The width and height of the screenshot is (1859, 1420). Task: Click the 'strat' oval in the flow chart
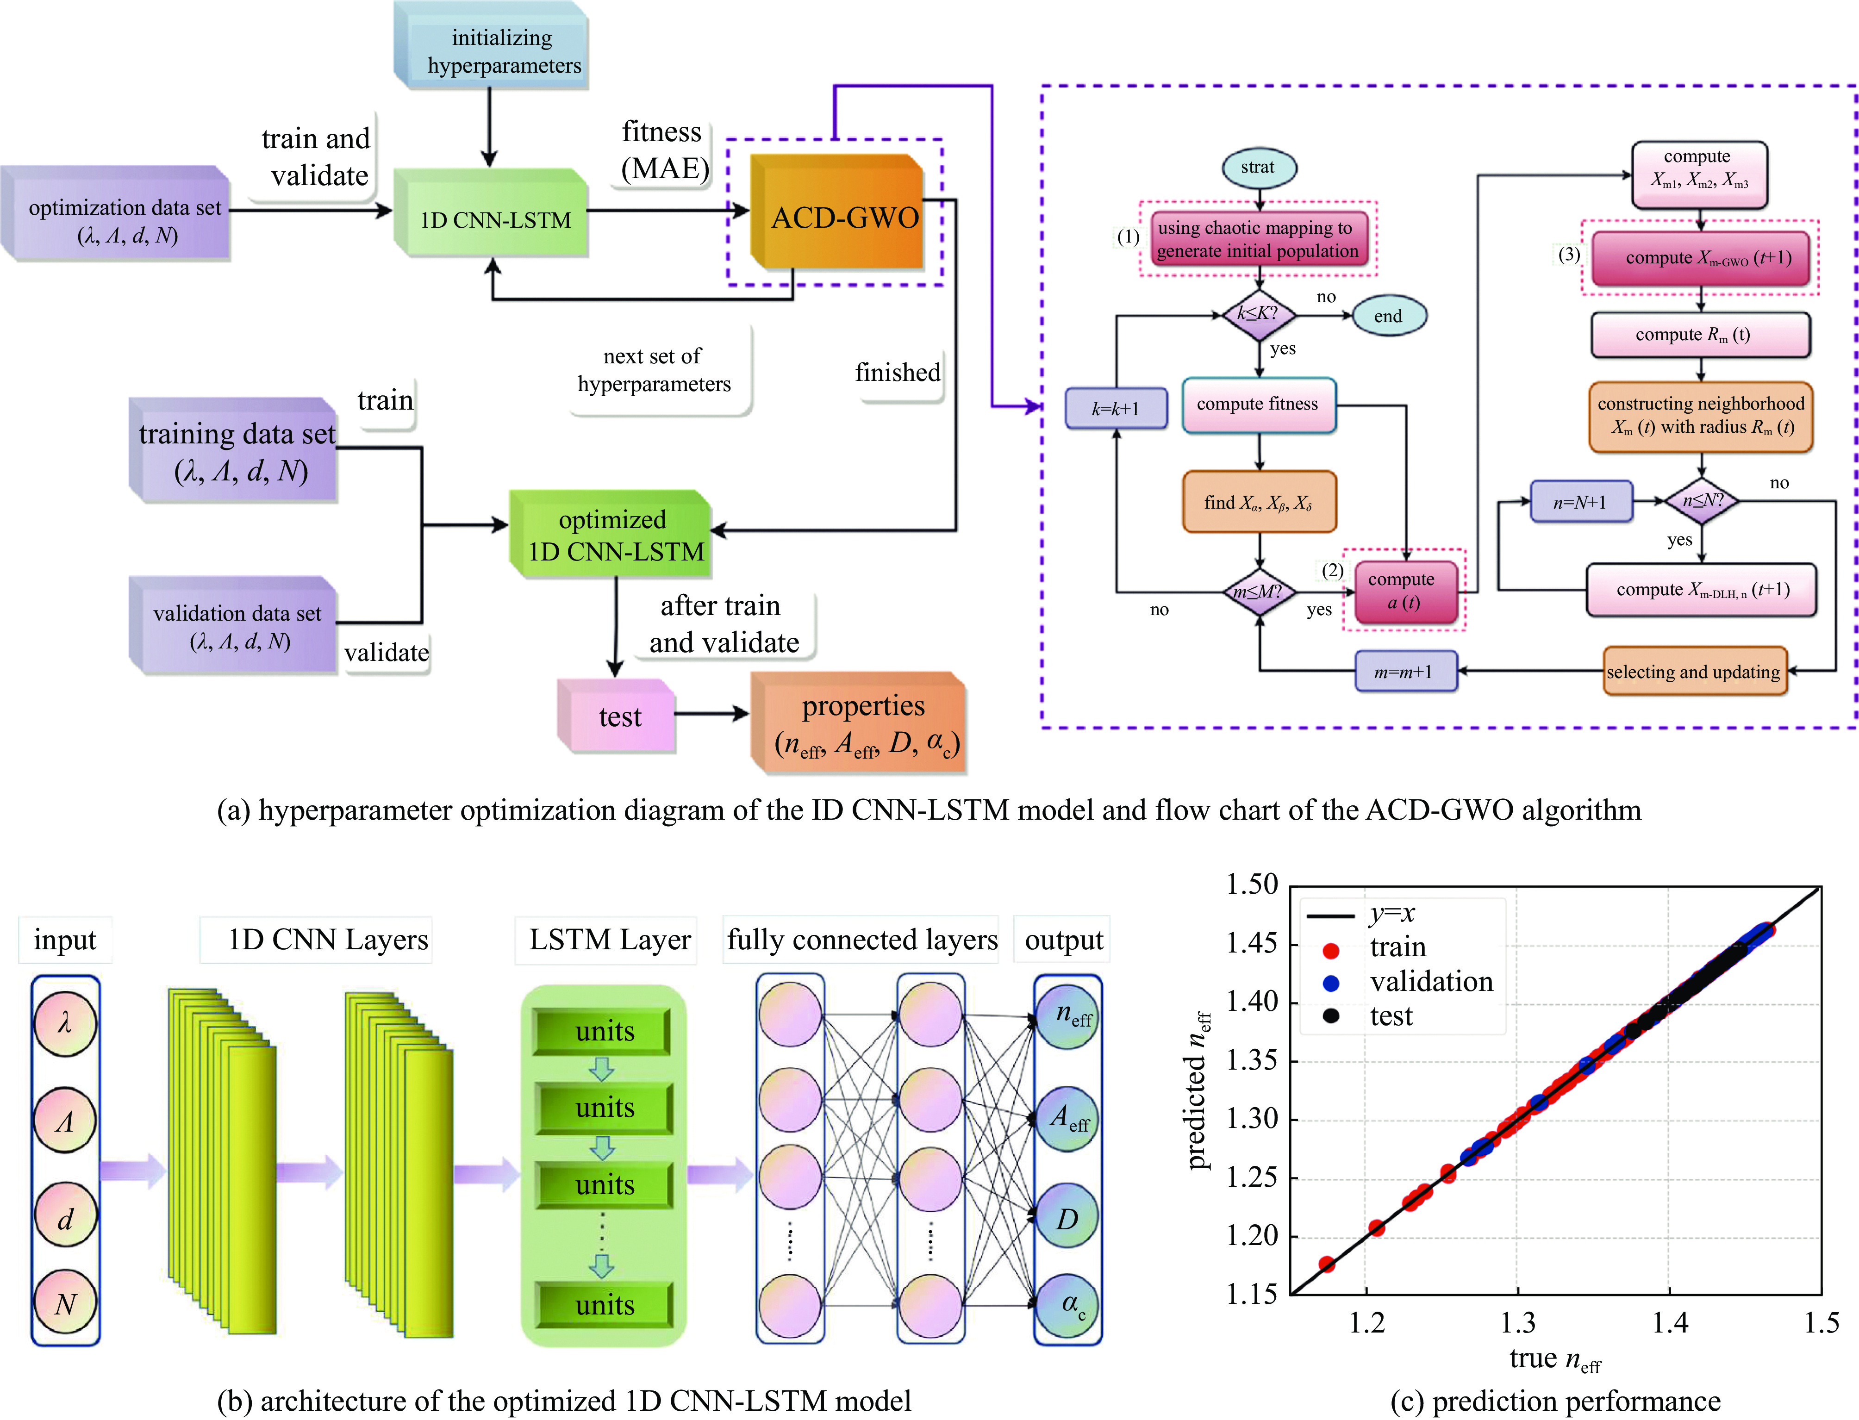(x=1257, y=168)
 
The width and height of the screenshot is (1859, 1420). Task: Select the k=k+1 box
(x=1115, y=409)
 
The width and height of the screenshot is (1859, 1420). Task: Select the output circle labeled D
(x=1067, y=1219)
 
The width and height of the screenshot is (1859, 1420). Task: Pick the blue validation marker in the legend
(x=1331, y=982)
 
